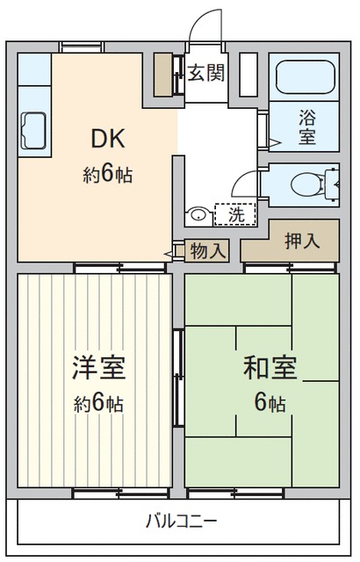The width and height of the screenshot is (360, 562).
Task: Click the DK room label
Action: click(108, 139)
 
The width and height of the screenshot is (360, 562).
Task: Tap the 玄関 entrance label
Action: click(206, 73)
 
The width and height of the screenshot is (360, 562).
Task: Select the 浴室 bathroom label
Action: click(307, 126)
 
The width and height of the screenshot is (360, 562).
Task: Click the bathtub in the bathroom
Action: click(306, 76)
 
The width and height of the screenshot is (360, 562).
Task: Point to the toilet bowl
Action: click(306, 184)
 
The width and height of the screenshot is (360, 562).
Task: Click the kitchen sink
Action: click(33, 131)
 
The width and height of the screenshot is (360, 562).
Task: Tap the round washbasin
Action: click(198, 215)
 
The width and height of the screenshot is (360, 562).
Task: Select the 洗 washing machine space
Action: click(235, 214)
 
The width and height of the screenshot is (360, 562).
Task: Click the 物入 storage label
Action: click(209, 250)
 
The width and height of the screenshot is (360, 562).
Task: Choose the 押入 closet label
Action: click(303, 241)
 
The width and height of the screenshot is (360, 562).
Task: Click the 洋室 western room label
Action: click(99, 367)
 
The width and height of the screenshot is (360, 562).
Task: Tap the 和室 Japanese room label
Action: click(270, 367)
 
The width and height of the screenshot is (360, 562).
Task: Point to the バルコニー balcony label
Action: click(181, 521)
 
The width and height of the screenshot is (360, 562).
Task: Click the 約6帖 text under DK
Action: click(108, 175)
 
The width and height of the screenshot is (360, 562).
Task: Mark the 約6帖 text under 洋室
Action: click(99, 404)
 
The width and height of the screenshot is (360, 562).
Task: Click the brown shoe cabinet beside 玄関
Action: click(163, 75)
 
